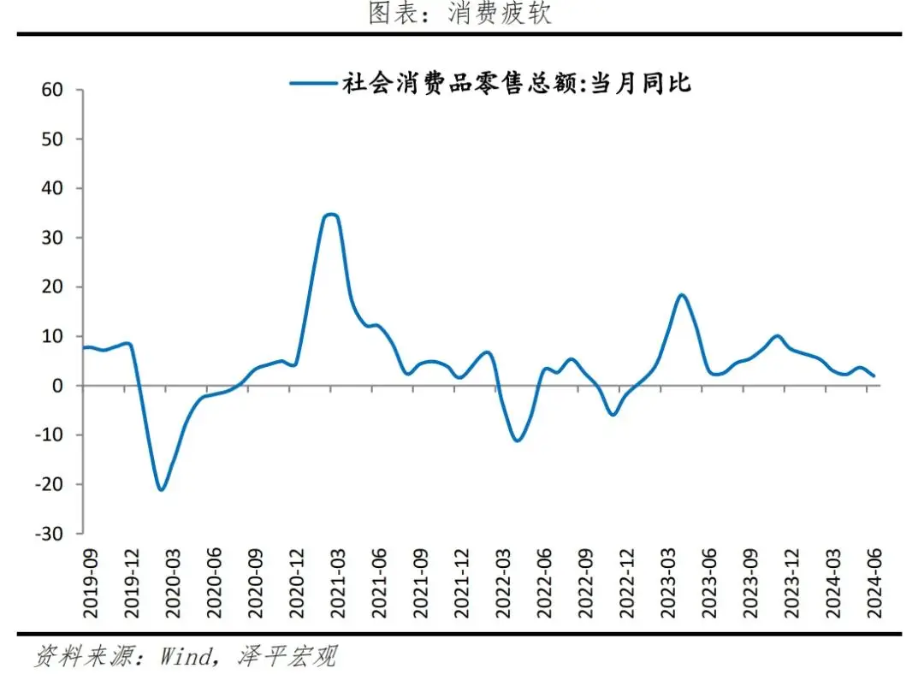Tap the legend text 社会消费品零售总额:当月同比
coord(516,83)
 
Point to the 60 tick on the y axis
coord(52,89)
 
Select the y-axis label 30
coord(52,237)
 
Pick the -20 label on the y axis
coord(49,484)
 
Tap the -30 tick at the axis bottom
coord(49,534)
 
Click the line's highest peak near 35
coord(330,215)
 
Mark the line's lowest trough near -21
coord(160,489)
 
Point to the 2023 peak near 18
coord(681,295)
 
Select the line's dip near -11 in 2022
coord(518,440)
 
